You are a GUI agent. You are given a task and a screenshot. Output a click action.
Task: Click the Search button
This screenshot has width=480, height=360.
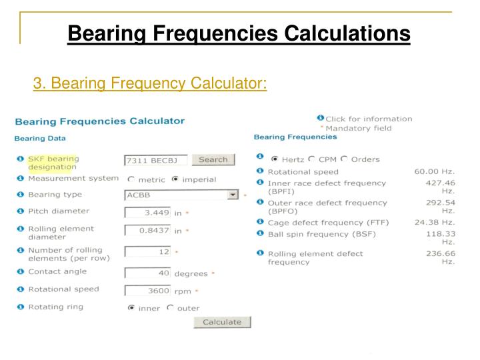click(x=213, y=159)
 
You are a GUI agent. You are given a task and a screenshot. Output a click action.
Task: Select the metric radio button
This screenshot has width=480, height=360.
click(x=131, y=179)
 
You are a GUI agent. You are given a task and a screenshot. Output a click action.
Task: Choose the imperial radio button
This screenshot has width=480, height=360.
click(x=175, y=179)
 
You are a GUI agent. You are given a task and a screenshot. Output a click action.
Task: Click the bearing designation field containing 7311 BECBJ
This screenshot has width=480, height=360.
click(x=155, y=160)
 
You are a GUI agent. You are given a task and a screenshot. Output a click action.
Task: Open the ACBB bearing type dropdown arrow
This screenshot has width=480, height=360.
click(x=233, y=195)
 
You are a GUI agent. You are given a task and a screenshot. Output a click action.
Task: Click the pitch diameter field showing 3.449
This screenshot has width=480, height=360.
click(x=147, y=213)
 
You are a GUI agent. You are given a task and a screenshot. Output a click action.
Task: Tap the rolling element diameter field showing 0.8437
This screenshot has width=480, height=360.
click(x=147, y=231)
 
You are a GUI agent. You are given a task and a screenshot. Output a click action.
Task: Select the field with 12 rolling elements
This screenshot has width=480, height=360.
click(x=147, y=252)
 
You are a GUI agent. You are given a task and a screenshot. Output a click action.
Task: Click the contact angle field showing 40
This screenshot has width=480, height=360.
click(x=147, y=273)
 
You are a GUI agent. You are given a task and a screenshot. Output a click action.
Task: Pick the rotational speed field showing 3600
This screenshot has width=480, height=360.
click(x=147, y=291)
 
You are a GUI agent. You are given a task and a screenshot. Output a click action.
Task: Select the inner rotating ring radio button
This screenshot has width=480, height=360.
click(x=131, y=308)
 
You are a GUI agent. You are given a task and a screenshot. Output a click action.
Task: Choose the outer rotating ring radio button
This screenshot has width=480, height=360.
click(x=170, y=308)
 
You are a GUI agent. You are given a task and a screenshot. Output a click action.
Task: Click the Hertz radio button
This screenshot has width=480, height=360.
click(x=274, y=159)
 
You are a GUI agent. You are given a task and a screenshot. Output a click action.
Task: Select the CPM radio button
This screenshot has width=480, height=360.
click(x=311, y=159)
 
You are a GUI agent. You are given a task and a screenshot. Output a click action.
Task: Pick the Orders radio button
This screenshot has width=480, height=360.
click(x=344, y=159)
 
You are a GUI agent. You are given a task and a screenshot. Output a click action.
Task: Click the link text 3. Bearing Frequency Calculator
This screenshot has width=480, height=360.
click(x=150, y=84)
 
